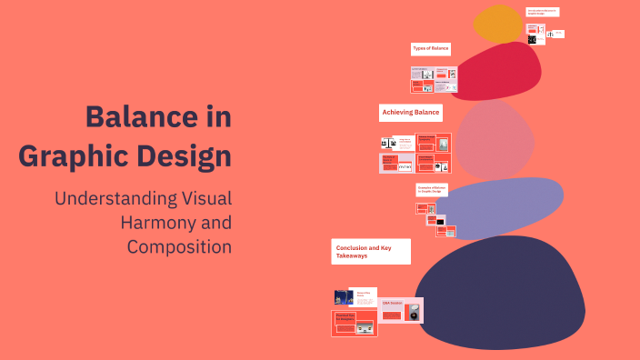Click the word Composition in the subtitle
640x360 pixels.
(x=179, y=246)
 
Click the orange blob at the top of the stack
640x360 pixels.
(x=498, y=24)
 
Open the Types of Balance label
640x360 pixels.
(x=430, y=48)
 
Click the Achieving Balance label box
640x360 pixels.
(x=411, y=113)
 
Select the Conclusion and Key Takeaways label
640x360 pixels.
(x=371, y=252)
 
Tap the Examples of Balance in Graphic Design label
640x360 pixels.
(x=432, y=189)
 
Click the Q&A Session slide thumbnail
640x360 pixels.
(x=401, y=310)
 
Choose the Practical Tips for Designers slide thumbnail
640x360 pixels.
(x=355, y=323)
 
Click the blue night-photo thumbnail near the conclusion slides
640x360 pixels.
(x=343, y=297)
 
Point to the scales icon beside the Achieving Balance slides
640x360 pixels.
(x=387, y=143)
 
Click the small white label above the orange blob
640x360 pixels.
(x=543, y=12)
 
